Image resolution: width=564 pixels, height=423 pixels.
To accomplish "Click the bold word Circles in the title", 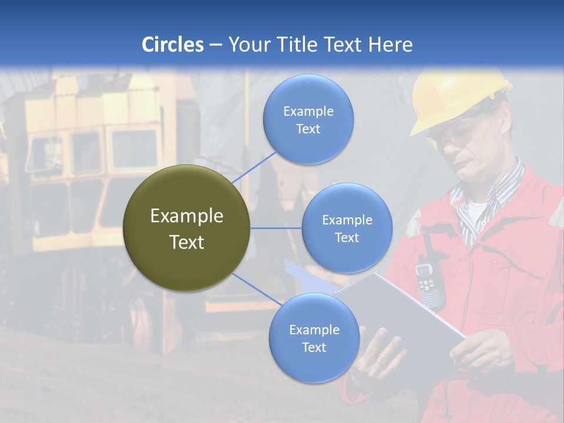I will [173, 45].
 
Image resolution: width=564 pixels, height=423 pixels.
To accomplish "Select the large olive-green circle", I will [186, 228].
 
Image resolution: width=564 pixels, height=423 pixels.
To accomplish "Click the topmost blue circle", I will [308, 119].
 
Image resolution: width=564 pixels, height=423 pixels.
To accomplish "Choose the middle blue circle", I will [347, 228].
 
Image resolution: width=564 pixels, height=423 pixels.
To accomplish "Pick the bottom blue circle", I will [314, 338].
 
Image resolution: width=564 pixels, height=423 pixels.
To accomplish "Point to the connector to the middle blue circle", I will [276, 228].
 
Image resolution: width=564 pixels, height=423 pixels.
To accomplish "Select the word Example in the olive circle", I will [186, 216].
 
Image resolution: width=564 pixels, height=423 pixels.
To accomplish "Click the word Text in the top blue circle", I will [308, 129].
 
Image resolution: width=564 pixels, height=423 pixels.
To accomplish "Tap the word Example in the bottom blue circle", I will [314, 330].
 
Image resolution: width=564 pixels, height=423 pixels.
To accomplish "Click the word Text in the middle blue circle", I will [347, 237].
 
